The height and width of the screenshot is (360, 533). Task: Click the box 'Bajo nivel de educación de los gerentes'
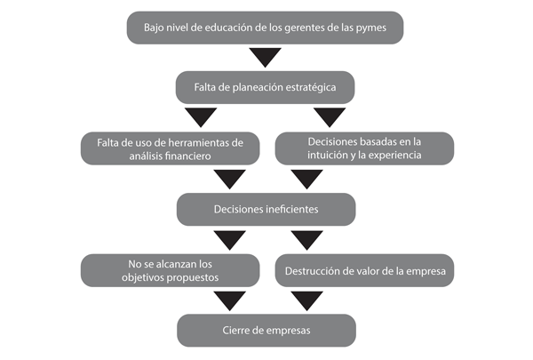click(x=266, y=28)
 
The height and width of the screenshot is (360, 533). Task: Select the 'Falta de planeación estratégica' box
click(x=266, y=88)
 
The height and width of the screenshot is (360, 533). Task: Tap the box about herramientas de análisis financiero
click(x=169, y=148)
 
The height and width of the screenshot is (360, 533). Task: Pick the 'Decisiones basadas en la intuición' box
click(x=364, y=148)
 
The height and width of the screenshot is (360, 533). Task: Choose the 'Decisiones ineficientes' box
click(x=266, y=210)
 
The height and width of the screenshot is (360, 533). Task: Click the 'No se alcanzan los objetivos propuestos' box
click(x=169, y=270)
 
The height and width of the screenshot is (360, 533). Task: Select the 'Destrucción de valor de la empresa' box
click(x=364, y=270)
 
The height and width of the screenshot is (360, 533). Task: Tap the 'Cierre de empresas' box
click(x=266, y=331)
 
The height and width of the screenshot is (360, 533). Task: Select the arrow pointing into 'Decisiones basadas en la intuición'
click(x=330, y=117)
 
